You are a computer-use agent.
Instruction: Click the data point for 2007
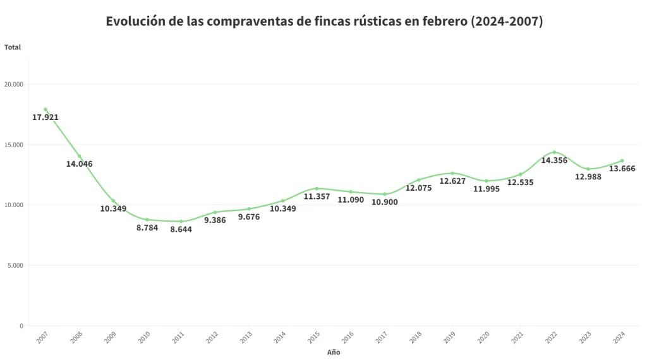coord(45,109)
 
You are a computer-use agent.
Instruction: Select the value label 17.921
coord(45,117)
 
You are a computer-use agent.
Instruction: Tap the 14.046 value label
coord(80,164)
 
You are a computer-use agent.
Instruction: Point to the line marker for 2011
coord(181,221)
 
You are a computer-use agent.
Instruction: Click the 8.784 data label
coord(147,228)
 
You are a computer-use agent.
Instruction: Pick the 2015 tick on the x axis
coord(313,338)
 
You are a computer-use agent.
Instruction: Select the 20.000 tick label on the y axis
coord(14,85)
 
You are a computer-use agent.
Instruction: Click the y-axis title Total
coord(13,47)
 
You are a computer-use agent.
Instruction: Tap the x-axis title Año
coord(334,352)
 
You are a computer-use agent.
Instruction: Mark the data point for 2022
coord(554,152)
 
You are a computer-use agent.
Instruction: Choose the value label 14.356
coord(554,160)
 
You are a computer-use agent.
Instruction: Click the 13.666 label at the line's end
coord(622,169)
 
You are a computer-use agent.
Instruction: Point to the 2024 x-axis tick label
coord(619,338)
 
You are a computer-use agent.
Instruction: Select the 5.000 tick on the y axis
coord(15,266)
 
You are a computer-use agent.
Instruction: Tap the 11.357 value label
coord(317,196)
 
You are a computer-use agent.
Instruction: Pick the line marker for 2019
coord(452,173)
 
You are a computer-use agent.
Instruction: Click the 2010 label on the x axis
coord(143,338)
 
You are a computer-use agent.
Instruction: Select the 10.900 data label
coord(385,202)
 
